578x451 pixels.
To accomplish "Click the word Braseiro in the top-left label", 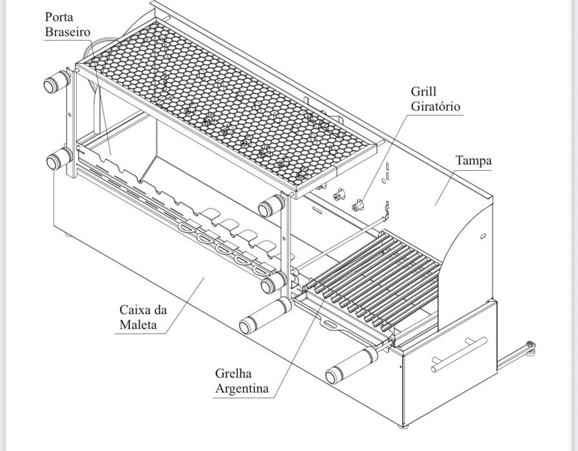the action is (68, 32).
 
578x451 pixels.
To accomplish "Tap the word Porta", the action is (59, 17).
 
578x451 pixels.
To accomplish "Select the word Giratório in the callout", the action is (436, 106).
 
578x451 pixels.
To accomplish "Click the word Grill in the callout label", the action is (423, 91).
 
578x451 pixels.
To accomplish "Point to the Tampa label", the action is (474, 161).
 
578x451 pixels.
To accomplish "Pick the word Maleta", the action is (139, 325).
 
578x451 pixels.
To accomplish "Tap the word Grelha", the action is (233, 374).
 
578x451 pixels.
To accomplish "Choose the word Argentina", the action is (242, 388).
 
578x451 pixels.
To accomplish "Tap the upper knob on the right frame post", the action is (271, 206).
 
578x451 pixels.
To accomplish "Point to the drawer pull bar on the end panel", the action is (459, 354).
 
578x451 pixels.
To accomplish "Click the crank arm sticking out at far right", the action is (516, 355).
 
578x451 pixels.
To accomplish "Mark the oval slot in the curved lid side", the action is (483, 236).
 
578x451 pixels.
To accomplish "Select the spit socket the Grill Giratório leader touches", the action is (357, 205).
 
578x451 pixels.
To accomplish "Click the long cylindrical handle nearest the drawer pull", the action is (351, 365).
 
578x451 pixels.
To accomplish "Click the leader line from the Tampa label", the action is (445, 188).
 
